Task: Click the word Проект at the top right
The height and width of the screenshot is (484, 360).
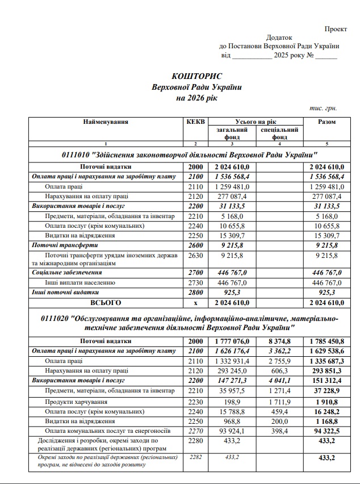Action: [336, 28]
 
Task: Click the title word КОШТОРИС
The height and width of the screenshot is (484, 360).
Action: [197, 76]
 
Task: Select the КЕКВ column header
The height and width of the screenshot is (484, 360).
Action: [195, 122]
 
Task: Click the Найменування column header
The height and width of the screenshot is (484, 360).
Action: [106, 122]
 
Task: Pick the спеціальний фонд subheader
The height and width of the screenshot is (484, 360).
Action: [279, 133]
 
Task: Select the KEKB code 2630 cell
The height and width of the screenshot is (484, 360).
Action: [195, 256]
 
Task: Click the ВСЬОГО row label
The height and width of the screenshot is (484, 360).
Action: [106, 302]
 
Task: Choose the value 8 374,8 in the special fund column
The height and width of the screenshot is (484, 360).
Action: [279, 341]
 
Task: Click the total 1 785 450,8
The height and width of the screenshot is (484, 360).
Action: [326, 341]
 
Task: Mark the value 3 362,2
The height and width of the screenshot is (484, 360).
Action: [279, 352]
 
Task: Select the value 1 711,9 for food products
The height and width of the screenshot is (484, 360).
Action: [279, 401]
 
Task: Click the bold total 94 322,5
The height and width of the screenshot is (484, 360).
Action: [326, 432]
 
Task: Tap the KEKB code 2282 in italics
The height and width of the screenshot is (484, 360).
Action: [195, 457]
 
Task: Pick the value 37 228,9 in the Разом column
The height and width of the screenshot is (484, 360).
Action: [326, 391]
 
